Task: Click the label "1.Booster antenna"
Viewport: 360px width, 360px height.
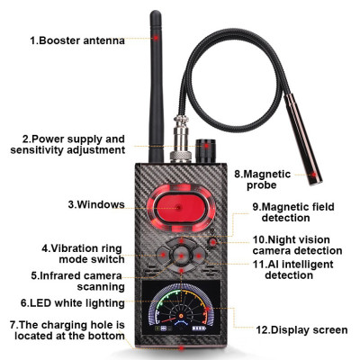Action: coord(76,40)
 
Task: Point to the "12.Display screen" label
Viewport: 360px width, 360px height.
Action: coord(299,330)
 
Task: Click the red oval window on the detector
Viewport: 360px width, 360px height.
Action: coord(180,206)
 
